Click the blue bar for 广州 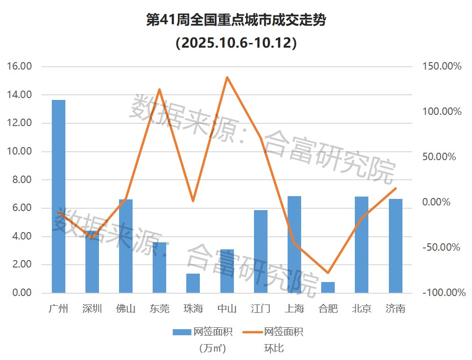point(58,196)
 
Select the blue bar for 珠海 point(193,283)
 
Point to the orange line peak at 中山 point(227,77)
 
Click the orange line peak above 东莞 point(159,89)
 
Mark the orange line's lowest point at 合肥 point(328,273)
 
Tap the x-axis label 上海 point(294,309)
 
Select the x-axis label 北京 point(361,309)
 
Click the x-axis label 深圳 point(92,309)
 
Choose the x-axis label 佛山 point(126,309)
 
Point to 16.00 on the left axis point(20,66)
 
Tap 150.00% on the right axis point(442,66)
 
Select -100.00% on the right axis point(444,293)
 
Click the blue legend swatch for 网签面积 point(182,332)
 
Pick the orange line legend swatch point(252,332)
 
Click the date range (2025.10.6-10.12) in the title point(236,43)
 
